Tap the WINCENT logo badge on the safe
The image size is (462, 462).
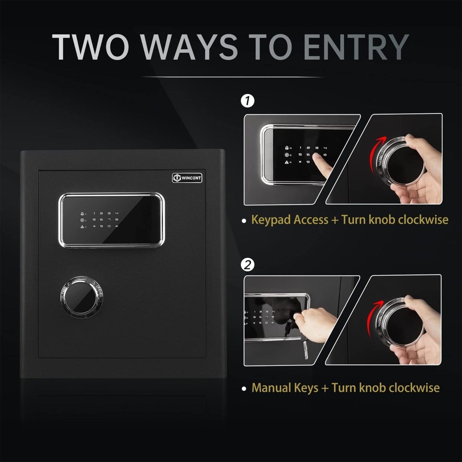point(187,177)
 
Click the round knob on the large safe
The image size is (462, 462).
point(81,297)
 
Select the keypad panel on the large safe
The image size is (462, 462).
point(111,220)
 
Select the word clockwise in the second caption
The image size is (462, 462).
point(412,387)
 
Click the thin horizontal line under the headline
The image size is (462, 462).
point(231,77)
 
